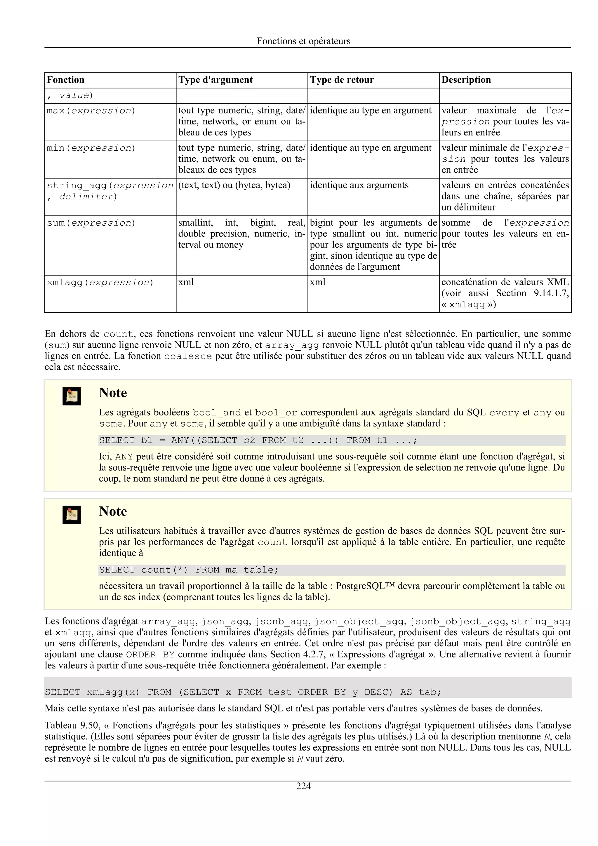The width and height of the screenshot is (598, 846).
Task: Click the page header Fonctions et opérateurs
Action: (x=303, y=41)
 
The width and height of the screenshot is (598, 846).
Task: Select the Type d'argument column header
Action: (x=215, y=80)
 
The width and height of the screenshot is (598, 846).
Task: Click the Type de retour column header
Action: (x=342, y=80)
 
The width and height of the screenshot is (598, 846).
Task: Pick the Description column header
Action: (x=466, y=80)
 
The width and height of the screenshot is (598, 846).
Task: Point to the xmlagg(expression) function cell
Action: (x=100, y=283)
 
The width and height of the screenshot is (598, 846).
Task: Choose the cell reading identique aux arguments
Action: (x=359, y=185)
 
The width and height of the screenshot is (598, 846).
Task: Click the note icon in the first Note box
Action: (x=72, y=396)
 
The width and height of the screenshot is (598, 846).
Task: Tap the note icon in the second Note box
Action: (x=72, y=515)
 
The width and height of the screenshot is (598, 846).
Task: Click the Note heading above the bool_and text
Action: (x=113, y=393)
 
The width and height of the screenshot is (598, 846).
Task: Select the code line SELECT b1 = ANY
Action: (x=258, y=440)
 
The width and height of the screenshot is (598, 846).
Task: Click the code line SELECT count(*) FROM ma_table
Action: (x=189, y=570)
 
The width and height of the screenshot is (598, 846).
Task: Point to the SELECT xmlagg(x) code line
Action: (x=243, y=692)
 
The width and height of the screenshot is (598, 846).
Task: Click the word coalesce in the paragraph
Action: (x=188, y=356)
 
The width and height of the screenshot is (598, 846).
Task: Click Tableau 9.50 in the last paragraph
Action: (x=72, y=725)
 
